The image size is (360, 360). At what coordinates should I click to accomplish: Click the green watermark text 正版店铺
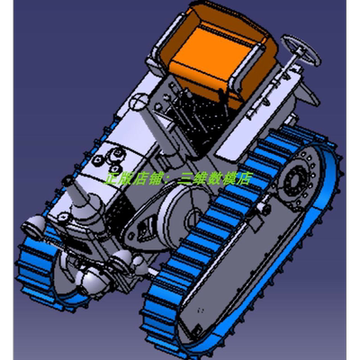[135, 179]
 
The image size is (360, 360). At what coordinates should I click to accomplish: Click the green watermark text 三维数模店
[216, 179]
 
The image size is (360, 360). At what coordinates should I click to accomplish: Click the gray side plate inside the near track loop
[225, 270]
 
